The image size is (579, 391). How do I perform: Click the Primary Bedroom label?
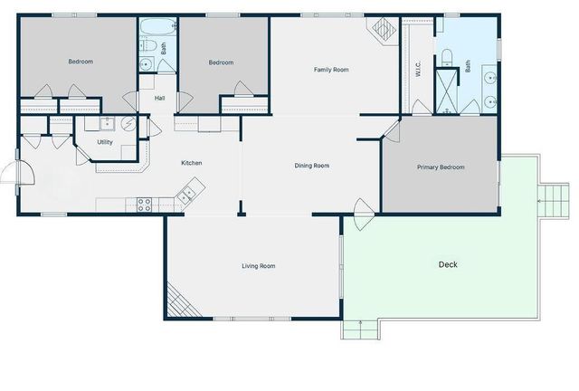[x=441, y=167]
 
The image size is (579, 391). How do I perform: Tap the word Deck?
[x=448, y=265]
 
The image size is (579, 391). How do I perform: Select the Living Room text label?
[x=258, y=266]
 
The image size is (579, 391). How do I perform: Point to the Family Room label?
[x=331, y=70]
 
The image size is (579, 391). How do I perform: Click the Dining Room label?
[x=311, y=166]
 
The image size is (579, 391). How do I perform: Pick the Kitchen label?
[x=192, y=163]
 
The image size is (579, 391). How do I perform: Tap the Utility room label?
[x=105, y=142]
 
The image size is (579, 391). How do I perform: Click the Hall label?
[x=159, y=98]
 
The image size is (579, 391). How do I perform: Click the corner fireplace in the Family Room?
[x=383, y=31]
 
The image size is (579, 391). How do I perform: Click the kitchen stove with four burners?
[x=144, y=205]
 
